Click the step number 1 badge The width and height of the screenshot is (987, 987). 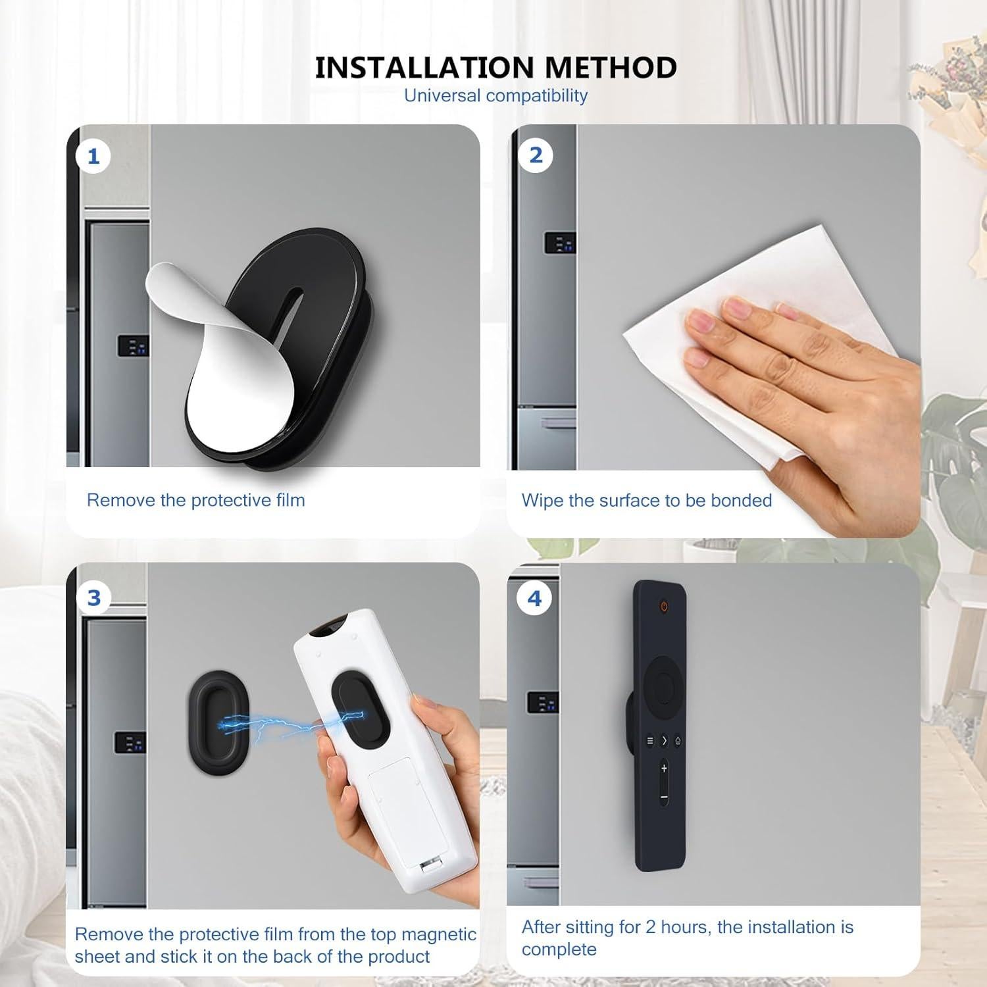(x=93, y=157)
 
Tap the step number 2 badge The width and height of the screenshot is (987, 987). (x=536, y=155)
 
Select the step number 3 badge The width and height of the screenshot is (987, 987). (x=94, y=597)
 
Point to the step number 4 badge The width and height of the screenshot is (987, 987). (x=534, y=599)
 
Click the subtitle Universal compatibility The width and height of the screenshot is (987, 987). (x=495, y=95)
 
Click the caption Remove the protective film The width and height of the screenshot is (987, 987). (x=196, y=500)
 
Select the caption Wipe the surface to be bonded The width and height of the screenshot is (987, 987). (x=647, y=500)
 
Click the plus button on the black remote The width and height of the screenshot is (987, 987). (x=664, y=768)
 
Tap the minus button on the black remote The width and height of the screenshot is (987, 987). (x=664, y=797)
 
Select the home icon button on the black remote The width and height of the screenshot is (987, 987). (x=678, y=740)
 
